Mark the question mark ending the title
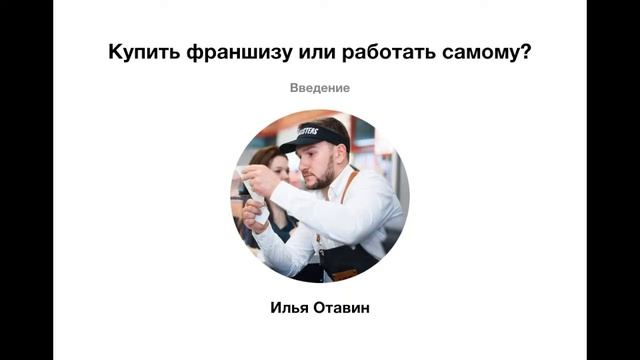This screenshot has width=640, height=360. point(526,52)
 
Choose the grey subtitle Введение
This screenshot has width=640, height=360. point(320,88)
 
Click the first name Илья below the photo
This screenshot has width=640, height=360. point(290,307)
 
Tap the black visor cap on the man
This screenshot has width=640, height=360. point(312,137)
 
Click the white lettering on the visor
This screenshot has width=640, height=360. point(306,131)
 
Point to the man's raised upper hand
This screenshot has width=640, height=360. point(257,179)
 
